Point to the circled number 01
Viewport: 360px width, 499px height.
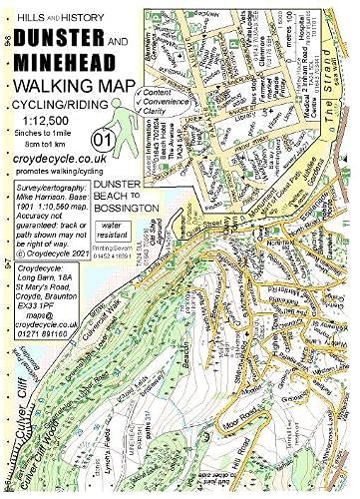(101, 138)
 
